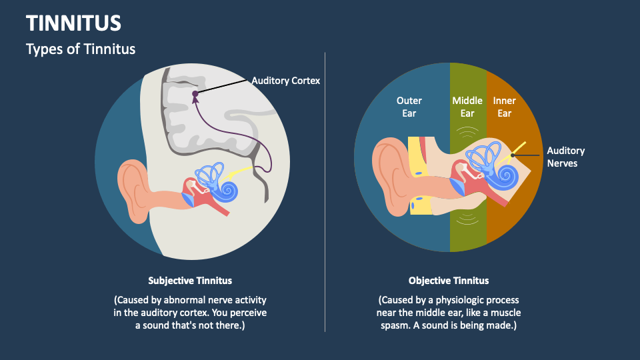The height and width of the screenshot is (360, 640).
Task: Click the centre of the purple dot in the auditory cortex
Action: (x=195, y=94)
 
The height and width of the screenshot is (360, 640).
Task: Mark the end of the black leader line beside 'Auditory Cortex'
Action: (x=248, y=81)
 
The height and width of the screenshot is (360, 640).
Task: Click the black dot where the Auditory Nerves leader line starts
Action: (x=513, y=155)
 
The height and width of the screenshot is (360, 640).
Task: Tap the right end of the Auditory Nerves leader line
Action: (x=539, y=155)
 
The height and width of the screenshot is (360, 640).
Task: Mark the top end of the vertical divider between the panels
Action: (x=325, y=52)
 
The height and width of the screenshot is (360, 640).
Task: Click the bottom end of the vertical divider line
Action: (x=325, y=332)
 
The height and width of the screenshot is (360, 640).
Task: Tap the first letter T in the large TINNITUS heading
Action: (x=32, y=23)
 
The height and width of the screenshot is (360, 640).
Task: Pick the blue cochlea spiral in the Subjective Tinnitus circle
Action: (x=227, y=191)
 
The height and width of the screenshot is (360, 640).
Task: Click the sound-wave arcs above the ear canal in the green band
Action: (x=467, y=132)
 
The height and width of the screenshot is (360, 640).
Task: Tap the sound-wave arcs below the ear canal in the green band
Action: (x=467, y=219)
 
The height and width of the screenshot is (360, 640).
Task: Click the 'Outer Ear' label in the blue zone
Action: (x=409, y=107)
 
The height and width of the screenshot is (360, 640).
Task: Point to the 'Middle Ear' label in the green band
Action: (x=467, y=107)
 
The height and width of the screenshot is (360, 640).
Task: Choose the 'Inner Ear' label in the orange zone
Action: (x=504, y=107)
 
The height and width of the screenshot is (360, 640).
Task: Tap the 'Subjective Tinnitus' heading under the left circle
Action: (x=190, y=281)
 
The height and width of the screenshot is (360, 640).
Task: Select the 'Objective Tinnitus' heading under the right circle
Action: (x=449, y=281)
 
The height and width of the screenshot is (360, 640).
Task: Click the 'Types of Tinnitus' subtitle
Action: (x=81, y=49)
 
